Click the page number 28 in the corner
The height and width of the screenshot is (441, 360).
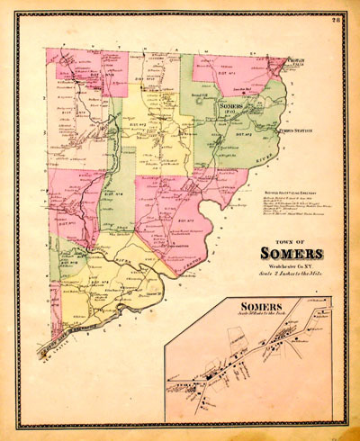click(335, 20)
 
